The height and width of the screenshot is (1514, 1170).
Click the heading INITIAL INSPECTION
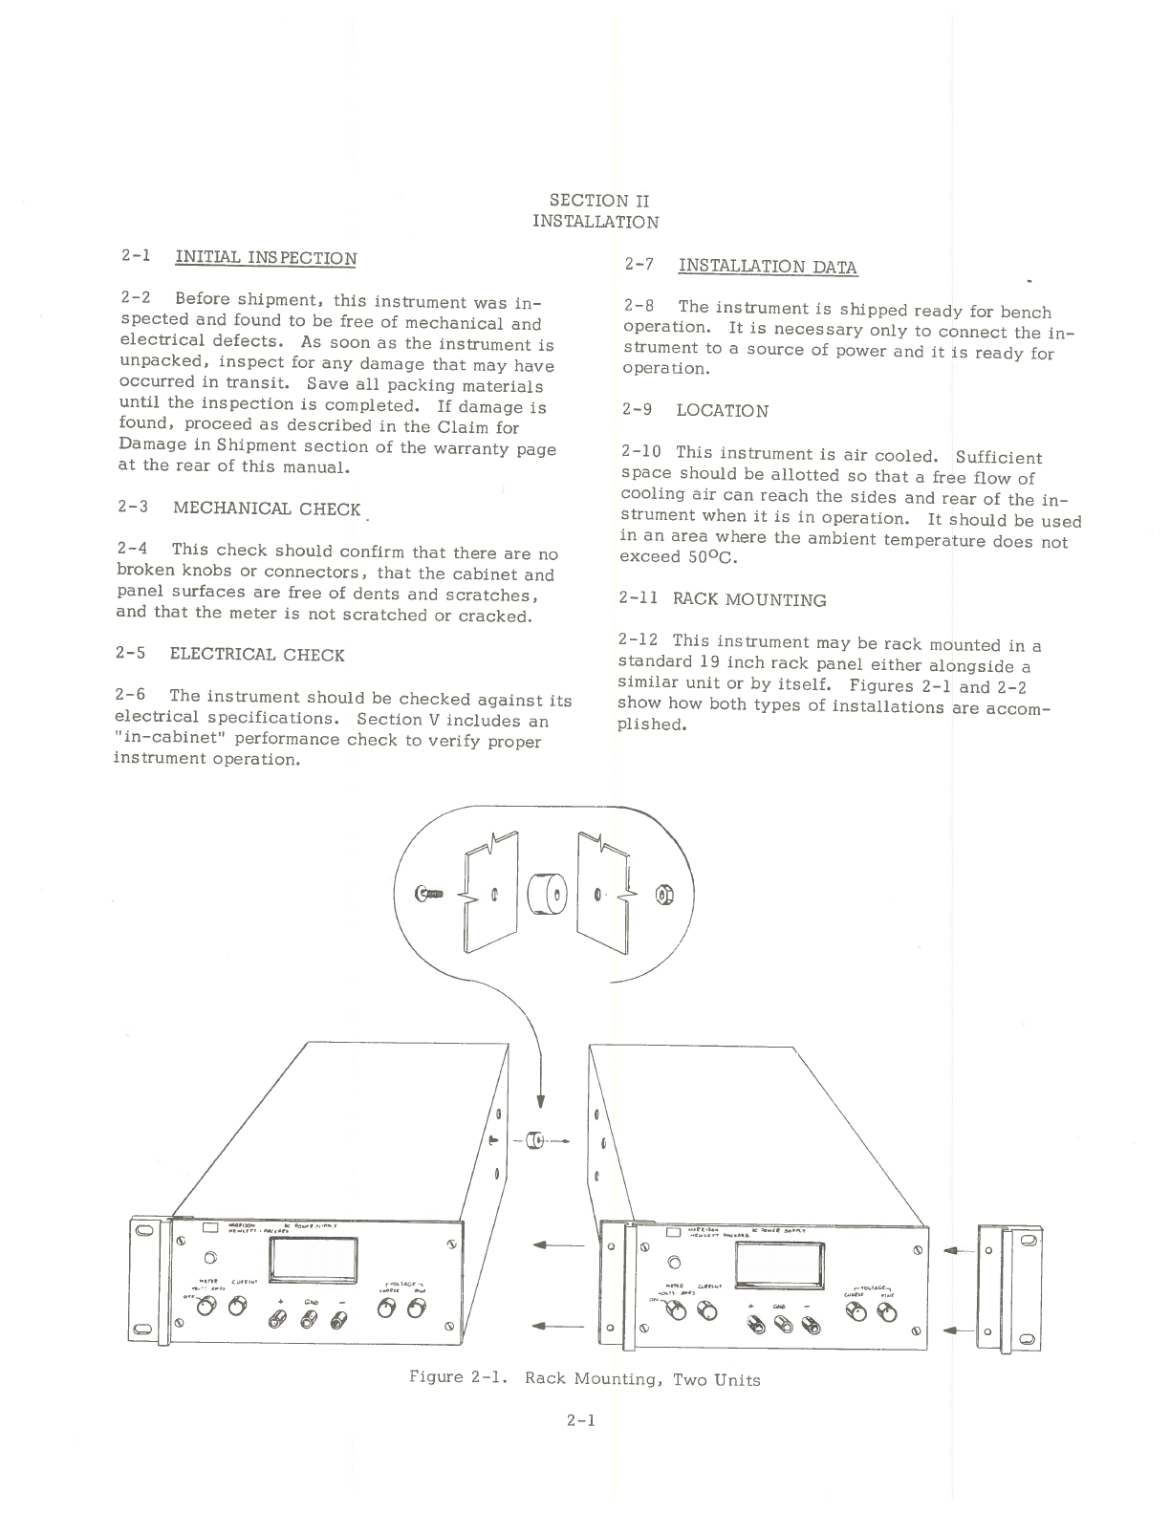[266, 258]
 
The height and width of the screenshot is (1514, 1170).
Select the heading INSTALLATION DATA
[767, 267]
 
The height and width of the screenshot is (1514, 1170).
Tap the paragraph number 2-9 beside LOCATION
[637, 410]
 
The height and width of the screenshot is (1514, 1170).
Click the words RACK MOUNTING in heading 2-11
[749, 600]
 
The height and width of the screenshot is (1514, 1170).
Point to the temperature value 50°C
[711, 557]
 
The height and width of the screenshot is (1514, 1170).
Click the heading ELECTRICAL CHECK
[257, 655]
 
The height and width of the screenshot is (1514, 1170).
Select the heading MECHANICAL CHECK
[267, 508]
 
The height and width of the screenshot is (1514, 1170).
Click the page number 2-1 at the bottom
[580, 1420]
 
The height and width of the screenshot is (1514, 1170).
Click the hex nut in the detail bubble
[664, 895]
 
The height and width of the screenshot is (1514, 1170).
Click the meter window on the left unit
[314, 1259]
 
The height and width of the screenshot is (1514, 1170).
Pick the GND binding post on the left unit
[309, 1319]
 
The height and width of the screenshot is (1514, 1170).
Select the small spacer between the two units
[536, 1139]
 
